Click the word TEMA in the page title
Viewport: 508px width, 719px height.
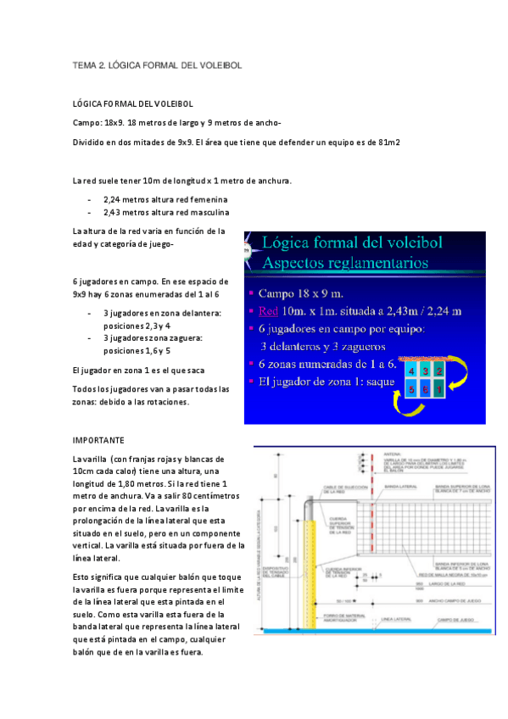coord(86,64)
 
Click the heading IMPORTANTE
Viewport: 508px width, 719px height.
coord(98,441)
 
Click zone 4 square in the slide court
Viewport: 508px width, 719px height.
coord(411,371)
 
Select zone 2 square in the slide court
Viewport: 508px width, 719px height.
coord(437,371)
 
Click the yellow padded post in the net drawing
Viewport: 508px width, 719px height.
coord(310,577)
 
